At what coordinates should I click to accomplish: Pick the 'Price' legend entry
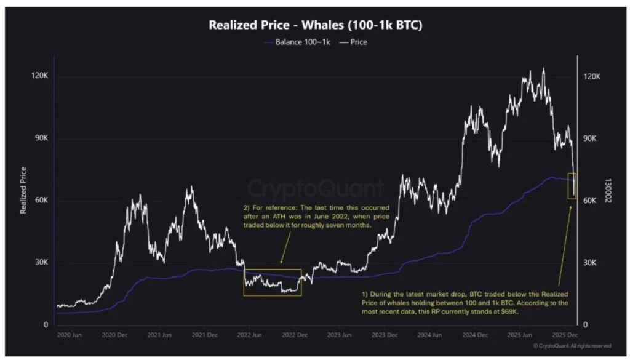pos(354,42)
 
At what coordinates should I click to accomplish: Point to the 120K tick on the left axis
pos(39,76)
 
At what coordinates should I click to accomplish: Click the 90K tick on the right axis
pos(590,138)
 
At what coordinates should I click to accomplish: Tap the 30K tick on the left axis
pos(41,263)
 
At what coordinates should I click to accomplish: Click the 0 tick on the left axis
pos(46,325)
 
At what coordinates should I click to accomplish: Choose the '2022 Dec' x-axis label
pos(295,335)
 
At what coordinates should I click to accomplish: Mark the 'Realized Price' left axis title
pos(23,190)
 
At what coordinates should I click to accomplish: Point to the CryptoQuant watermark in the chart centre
pos(315,187)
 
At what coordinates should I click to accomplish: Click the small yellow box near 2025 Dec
pos(572,186)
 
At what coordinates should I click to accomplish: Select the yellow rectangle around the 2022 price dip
pos(273,282)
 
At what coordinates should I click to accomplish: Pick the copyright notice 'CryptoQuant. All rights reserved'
pos(572,346)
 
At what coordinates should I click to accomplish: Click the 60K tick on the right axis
pos(590,201)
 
